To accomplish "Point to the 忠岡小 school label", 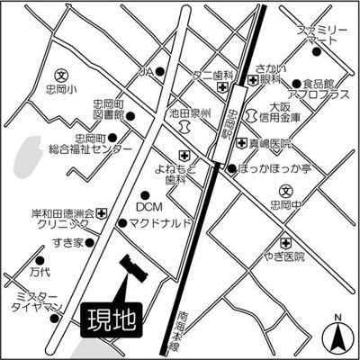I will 59,91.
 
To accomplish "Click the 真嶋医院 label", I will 269,144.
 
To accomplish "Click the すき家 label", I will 67,243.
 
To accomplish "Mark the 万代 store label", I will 39,270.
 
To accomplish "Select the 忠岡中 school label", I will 294,204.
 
